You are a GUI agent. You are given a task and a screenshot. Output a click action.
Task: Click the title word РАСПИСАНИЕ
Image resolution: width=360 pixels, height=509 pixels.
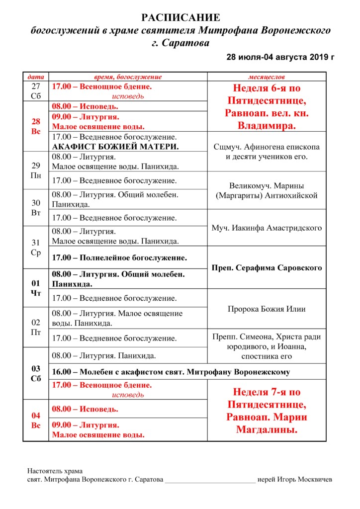[x=180, y=18]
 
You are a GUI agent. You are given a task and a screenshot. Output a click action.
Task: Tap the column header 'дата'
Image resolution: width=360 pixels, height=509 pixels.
[x=36, y=77]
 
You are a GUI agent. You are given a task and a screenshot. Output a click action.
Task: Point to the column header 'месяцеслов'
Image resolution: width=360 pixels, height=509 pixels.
[x=267, y=77]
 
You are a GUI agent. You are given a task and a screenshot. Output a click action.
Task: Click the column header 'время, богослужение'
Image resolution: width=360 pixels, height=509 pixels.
[x=128, y=77]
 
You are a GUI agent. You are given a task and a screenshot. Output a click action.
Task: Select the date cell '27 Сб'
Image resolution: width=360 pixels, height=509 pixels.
[x=36, y=91]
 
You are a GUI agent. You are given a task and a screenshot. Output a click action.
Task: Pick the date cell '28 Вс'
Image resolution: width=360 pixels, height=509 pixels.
[x=36, y=126]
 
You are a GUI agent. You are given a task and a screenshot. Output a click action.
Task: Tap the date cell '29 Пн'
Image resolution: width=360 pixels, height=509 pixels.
[x=36, y=170]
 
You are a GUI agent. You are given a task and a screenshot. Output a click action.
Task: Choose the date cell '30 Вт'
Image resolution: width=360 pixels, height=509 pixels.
[x=36, y=208]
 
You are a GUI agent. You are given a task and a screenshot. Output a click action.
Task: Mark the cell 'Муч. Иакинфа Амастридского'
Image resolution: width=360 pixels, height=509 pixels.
[x=267, y=228]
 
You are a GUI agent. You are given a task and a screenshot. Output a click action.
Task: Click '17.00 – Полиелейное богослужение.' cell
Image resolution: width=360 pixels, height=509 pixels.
[x=120, y=258]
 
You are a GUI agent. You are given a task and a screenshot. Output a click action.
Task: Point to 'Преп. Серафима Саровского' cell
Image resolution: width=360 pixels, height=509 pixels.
[x=267, y=268]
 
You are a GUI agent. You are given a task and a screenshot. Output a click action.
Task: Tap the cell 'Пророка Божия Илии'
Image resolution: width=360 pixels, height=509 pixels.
[x=267, y=309]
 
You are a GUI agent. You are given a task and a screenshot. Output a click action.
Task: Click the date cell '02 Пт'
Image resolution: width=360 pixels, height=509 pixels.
[x=36, y=328]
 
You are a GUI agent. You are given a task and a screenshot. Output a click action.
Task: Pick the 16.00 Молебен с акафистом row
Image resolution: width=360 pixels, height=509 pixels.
[x=171, y=372]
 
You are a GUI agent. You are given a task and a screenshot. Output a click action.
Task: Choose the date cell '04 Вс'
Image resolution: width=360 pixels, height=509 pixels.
[x=36, y=420]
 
